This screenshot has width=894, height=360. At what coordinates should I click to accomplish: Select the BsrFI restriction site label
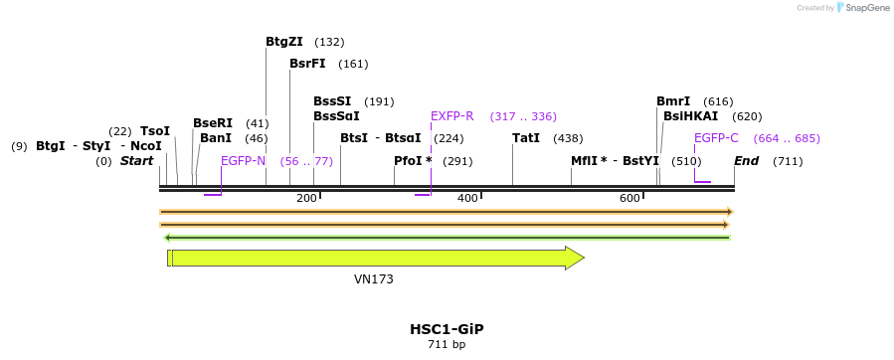pos(307,64)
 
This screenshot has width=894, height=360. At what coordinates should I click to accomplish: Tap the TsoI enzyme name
pos(155,131)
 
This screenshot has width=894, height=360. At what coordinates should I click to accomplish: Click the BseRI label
pos(213,123)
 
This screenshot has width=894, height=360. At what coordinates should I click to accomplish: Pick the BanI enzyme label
pos(216,138)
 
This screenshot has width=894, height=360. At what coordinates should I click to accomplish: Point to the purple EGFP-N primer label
pos(243,160)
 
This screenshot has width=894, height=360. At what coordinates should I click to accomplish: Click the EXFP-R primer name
pos(451,116)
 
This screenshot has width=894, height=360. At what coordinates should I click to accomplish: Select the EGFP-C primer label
pos(716,138)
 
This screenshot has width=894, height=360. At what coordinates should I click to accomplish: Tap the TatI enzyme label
pos(526,138)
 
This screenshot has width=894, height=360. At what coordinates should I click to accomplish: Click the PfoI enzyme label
pos(413,160)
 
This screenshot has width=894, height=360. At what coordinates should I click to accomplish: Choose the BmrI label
pos(673,101)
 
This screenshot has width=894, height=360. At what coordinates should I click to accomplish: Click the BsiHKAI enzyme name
pos(690,116)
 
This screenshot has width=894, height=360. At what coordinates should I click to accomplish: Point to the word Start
pos(137,160)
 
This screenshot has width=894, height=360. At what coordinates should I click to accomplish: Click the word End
pos(747,160)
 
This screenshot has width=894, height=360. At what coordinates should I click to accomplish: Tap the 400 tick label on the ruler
pos(467,199)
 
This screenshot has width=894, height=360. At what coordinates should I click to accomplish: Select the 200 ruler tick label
pos(306,199)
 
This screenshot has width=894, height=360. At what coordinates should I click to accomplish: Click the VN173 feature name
pos(374,279)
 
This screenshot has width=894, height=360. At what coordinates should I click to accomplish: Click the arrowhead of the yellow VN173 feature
pos(575,259)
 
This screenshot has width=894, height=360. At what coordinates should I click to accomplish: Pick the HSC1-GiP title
pos(447,328)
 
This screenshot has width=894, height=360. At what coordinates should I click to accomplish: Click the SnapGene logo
pos(861,8)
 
